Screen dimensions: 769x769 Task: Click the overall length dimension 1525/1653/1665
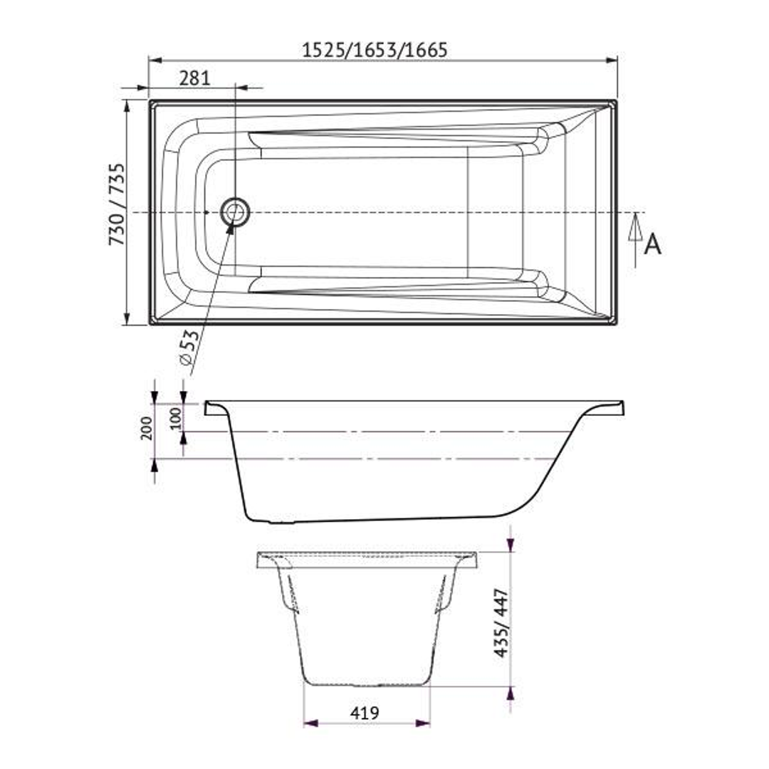point(375,51)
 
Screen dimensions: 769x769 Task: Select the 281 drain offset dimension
point(194,78)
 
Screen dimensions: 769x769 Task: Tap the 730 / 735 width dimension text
point(117,204)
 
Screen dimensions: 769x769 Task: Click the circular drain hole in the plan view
point(235,212)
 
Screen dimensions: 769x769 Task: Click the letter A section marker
point(652,244)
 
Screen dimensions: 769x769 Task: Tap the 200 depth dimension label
point(147,429)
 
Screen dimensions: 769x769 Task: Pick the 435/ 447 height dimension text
point(502,622)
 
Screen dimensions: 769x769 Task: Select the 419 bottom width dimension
point(365,712)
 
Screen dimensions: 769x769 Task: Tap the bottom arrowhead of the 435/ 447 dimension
point(510,694)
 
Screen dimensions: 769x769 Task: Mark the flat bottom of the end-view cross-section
point(367,684)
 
